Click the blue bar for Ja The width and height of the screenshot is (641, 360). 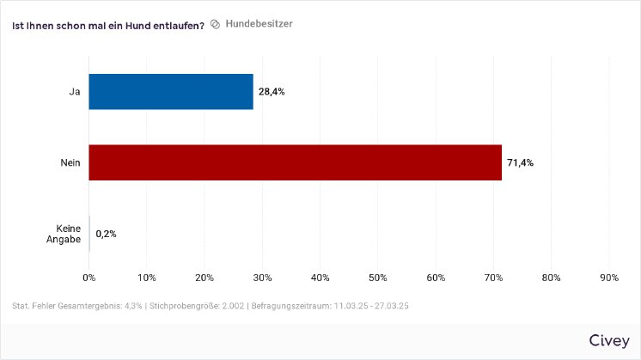171,91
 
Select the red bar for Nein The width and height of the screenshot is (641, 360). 295,162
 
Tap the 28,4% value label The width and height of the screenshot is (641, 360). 272,91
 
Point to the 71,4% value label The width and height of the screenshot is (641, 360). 520,162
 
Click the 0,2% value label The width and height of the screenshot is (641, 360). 107,234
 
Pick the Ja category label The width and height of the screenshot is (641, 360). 75,91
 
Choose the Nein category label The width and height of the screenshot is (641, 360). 71,162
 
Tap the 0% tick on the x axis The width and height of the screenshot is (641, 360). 89,278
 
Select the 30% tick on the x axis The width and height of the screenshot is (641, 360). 262,278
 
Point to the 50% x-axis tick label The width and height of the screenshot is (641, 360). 377,278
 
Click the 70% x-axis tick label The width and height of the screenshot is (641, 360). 493,278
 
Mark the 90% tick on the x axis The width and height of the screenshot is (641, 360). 608,278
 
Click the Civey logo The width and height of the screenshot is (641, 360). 608,340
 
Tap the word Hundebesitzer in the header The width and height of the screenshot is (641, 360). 259,24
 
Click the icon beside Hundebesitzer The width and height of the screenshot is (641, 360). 216,24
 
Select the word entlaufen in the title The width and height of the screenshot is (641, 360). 175,25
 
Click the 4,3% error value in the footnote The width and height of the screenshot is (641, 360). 127,306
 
